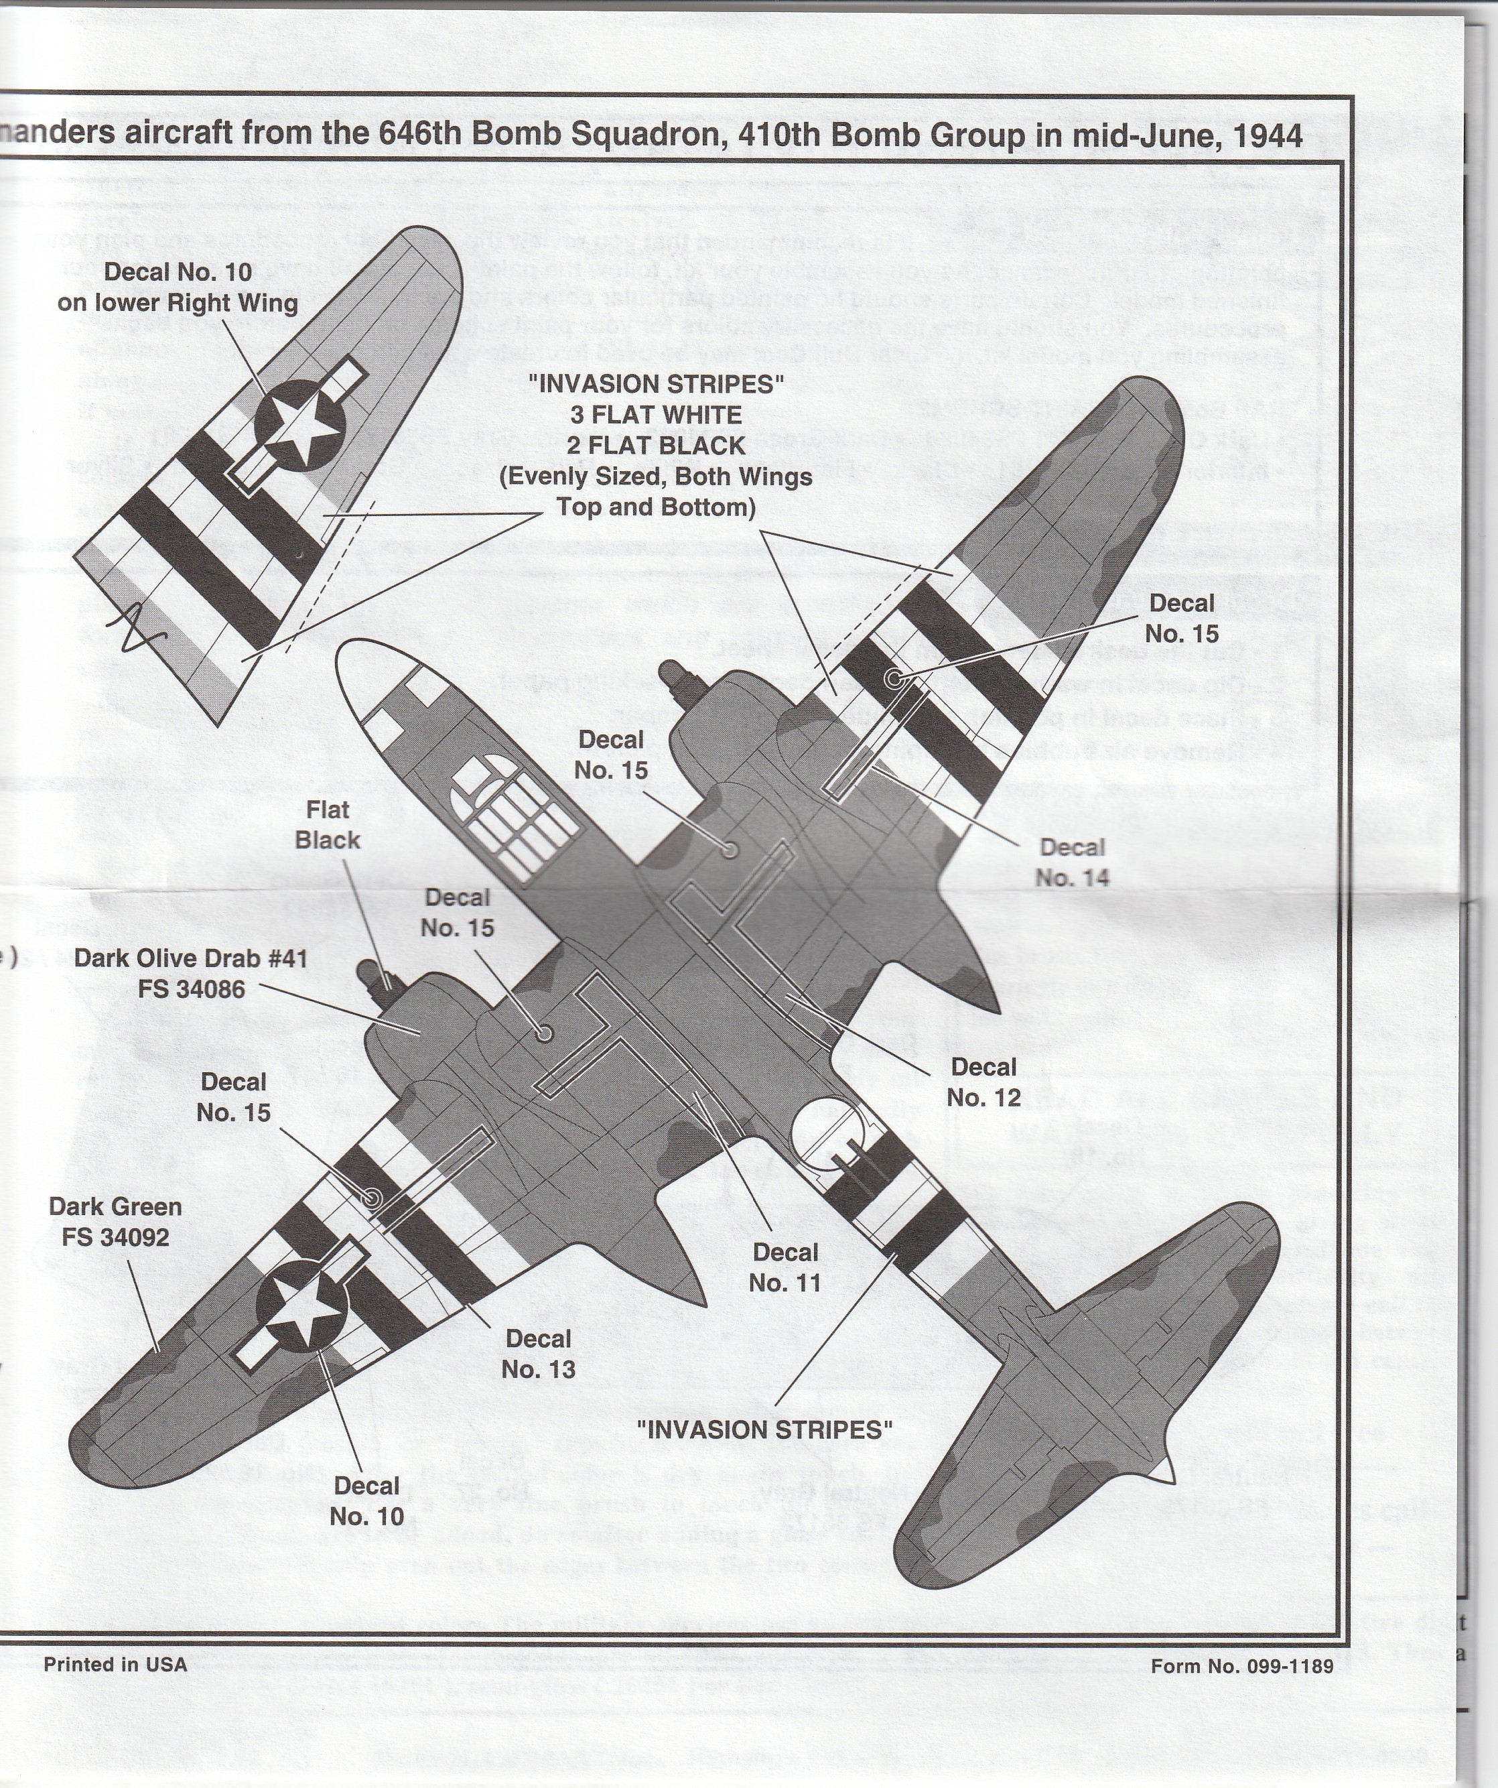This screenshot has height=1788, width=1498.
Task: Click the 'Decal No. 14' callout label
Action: (1072, 863)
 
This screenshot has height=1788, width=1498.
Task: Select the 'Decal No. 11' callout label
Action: (785, 1268)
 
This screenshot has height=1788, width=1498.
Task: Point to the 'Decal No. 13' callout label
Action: (538, 1354)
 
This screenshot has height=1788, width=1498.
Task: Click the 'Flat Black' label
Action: (328, 825)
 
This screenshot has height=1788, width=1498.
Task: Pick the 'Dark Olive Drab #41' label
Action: (191, 973)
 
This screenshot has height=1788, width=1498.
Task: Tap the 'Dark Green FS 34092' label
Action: (115, 1222)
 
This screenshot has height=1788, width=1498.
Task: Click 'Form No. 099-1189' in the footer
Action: (1242, 1666)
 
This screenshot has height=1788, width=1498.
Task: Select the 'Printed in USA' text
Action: (115, 1664)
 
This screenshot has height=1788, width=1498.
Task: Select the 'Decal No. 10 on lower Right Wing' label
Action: (178, 288)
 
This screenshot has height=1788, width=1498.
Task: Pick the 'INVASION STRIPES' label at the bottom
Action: (764, 1429)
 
